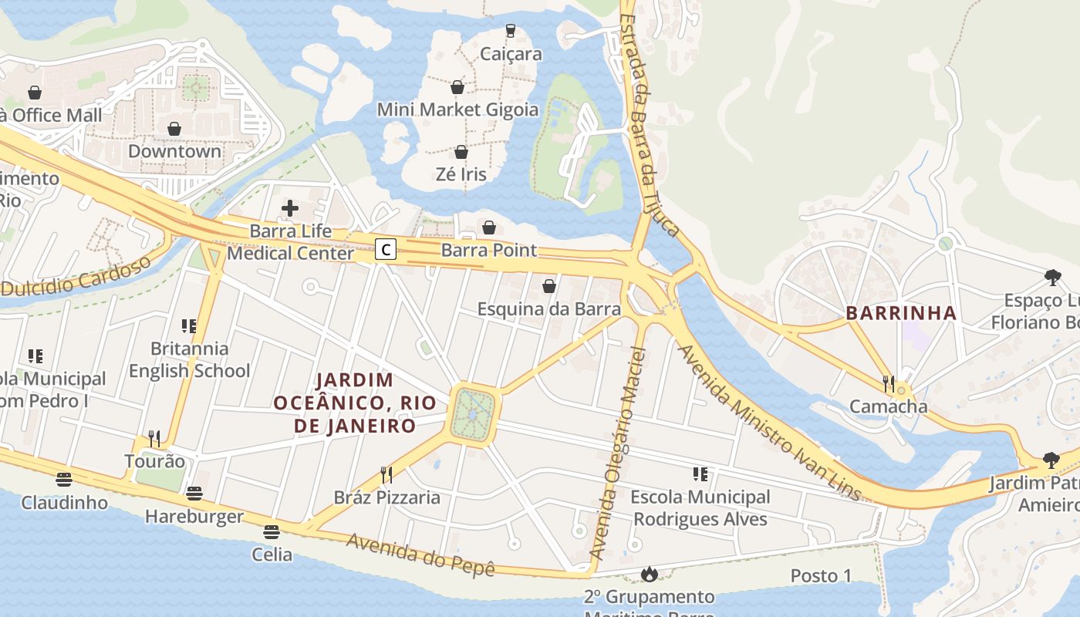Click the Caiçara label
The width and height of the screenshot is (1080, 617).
pyautogui.click(x=510, y=54)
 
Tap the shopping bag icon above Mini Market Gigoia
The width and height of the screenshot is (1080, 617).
pyautogui.click(x=457, y=87)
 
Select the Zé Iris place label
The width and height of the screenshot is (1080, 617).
pyautogui.click(x=461, y=174)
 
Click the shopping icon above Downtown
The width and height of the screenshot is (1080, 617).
pyautogui.click(x=174, y=129)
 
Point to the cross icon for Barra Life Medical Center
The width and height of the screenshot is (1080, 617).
pyautogui.click(x=290, y=207)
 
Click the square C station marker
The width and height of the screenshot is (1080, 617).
pyautogui.click(x=386, y=249)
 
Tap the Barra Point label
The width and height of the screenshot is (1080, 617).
pyautogui.click(x=489, y=250)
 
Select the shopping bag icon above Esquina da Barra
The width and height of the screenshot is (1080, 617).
pyautogui.click(x=549, y=287)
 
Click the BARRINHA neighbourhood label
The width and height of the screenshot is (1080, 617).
pyautogui.click(x=901, y=313)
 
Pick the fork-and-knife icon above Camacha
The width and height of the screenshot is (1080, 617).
pyautogui.click(x=889, y=383)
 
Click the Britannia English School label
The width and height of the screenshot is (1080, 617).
pyautogui.click(x=189, y=359)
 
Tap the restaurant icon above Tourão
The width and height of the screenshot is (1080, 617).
pyautogui.click(x=154, y=439)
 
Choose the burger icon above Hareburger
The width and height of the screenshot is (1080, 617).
pyautogui.click(x=194, y=494)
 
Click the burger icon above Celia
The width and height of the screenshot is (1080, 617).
pyautogui.click(x=272, y=531)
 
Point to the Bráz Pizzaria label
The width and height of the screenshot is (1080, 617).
pyautogui.click(x=386, y=497)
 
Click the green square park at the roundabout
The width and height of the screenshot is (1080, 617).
pyautogui.click(x=474, y=415)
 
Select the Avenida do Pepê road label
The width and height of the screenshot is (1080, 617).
pyautogui.click(x=420, y=554)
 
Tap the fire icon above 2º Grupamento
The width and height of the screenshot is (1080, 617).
pyautogui.click(x=649, y=574)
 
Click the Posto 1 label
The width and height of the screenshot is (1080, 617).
pyautogui.click(x=821, y=575)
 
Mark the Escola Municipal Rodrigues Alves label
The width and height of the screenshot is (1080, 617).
pyautogui.click(x=700, y=507)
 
